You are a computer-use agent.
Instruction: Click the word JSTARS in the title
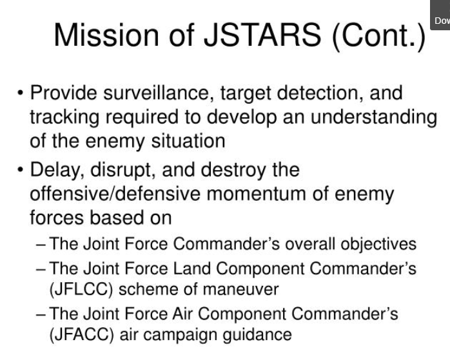[262, 35]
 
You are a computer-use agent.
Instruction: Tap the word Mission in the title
[106, 35]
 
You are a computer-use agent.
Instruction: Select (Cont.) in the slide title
[378, 36]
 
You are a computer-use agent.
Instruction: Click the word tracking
[64, 118]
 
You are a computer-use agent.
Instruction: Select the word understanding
[374, 118]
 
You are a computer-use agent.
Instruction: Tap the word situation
[188, 141]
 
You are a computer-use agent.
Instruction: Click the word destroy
[233, 171]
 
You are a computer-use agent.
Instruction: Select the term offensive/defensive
[115, 193]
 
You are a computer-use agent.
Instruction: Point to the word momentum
[256, 194]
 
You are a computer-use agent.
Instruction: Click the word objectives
[378, 245]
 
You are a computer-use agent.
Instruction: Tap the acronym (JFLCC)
[81, 290]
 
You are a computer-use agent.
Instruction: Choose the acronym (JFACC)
[82, 335]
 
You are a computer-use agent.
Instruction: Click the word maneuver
[240, 290]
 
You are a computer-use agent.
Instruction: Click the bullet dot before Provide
[20, 93]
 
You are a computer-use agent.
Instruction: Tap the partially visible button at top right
[440, 15]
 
